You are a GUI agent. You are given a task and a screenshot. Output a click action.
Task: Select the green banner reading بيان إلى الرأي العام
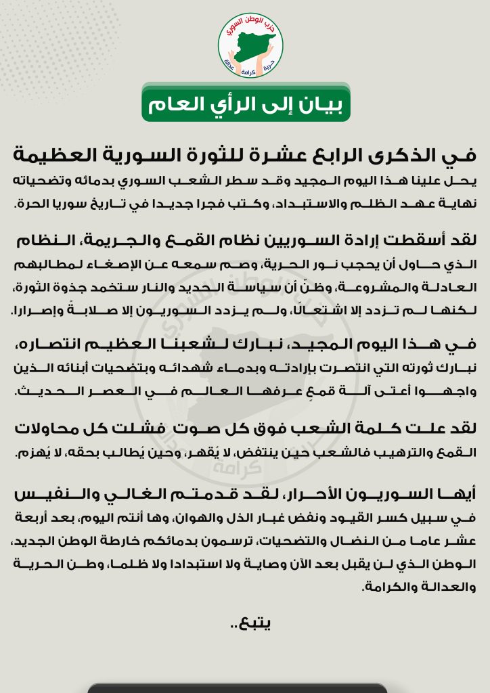pyautogui.click(x=245, y=104)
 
